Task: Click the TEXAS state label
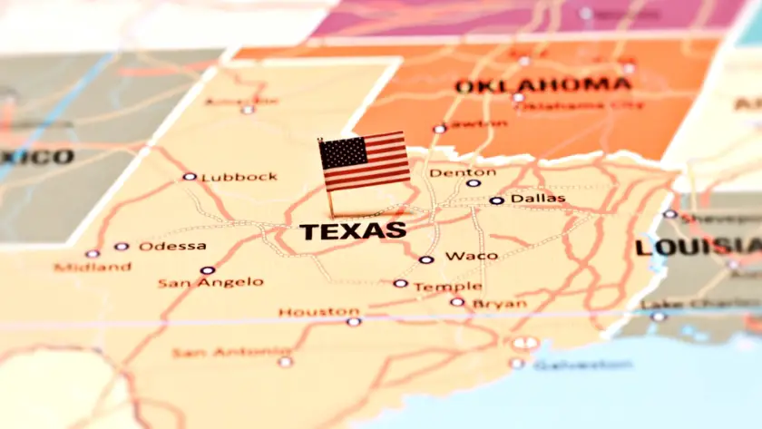click(353, 231)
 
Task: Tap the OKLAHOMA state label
click(542, 86)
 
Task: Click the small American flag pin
click(363, 162)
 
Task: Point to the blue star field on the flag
click(342, 153)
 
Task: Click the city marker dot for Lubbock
click(189, 177)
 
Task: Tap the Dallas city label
click(537, 199)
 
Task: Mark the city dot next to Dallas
click(495, 200)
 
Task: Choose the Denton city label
click(463, 172)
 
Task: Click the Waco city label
click(471, 256)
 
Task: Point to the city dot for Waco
click(425, 259)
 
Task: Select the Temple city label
click(447, 287)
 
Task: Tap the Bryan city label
click(499, 303)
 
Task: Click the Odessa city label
click(172, 246)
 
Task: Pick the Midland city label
click(92, 267)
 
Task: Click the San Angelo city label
click(210, 283)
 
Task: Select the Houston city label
click(318, 312)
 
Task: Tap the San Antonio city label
click(231, 352)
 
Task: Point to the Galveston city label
click(581, 365)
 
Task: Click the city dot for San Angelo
click(208, 269)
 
